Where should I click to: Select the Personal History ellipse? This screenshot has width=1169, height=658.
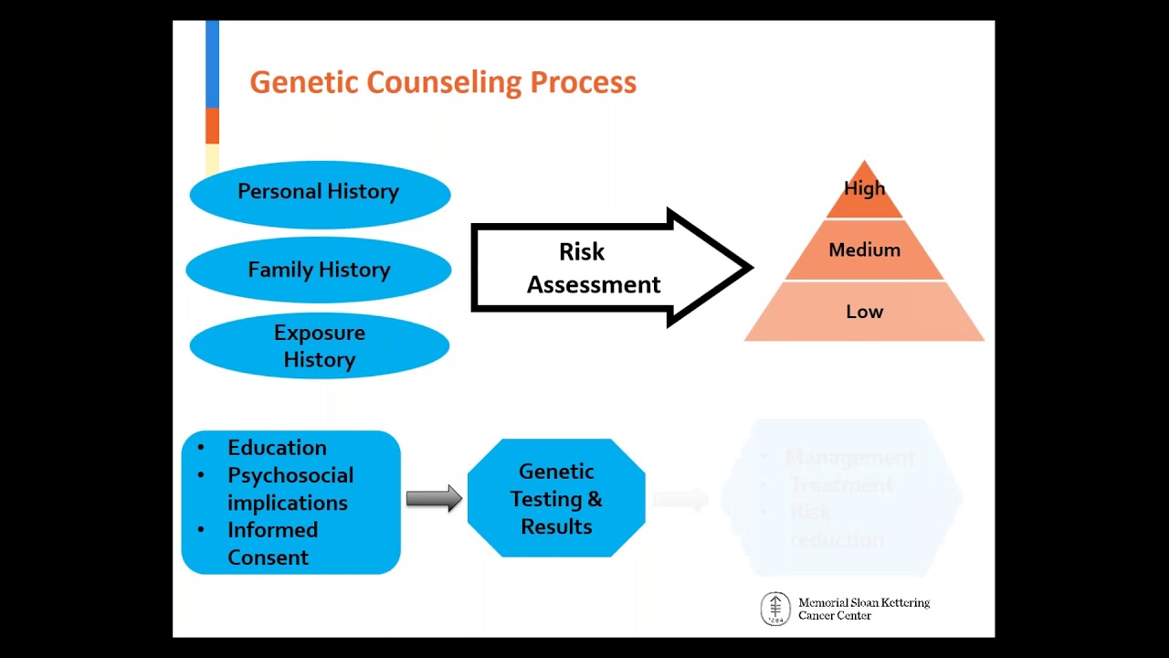tap(319, 192)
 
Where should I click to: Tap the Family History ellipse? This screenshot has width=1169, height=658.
tap(319, 270)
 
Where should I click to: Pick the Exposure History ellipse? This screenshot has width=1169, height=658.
tap(319, 345)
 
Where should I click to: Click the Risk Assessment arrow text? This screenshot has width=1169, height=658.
tap(593, 268)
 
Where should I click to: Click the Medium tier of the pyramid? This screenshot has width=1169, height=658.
tap(864, 249)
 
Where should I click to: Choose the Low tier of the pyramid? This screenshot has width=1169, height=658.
tap(864, 312)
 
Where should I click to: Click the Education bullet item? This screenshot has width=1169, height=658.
tap(277, 448)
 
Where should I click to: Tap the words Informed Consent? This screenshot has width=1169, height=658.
tap(271, 544)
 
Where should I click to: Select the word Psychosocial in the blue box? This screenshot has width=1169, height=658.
tap(290, 476)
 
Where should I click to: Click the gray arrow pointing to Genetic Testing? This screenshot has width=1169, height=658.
tap(434, 499)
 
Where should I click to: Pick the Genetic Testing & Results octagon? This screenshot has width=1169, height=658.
tap(556, 499)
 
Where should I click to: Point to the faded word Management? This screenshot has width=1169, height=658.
tap(849, 458)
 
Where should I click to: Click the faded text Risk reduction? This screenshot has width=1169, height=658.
tap(836, 526)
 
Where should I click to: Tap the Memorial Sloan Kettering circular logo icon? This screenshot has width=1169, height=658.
tap(775, 609)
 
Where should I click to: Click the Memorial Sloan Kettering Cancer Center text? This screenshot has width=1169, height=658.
tap(863, 609)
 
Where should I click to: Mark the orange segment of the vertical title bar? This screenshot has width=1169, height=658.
tap(212, 125)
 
